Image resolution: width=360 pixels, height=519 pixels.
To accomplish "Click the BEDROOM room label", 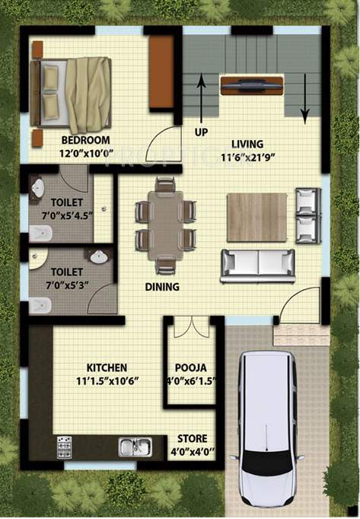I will click(x=85, y=140).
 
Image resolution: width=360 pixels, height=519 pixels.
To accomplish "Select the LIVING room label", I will click(x=248, y=144).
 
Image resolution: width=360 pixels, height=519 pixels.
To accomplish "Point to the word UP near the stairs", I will click(x=201, y=132).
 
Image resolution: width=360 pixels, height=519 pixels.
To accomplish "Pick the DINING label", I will click(x=162, y=287).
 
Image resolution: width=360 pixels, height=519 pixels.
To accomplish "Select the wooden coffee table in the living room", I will click(x=256, y=217).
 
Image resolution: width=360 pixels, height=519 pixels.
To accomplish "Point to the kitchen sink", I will click(x=135, y=447).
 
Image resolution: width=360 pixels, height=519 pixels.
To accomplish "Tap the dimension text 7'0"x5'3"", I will click(x=67, y=283).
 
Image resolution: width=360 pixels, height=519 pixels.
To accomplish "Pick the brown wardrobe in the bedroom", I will click(x=161, y=72).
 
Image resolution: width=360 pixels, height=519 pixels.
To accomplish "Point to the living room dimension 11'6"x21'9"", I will click(x=248, y=157).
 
